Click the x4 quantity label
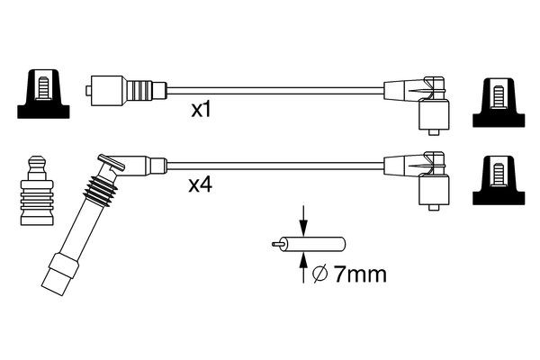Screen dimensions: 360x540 [200, 186]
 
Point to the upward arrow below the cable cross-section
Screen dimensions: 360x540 [303, 267]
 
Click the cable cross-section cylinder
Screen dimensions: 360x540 [319, 243]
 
